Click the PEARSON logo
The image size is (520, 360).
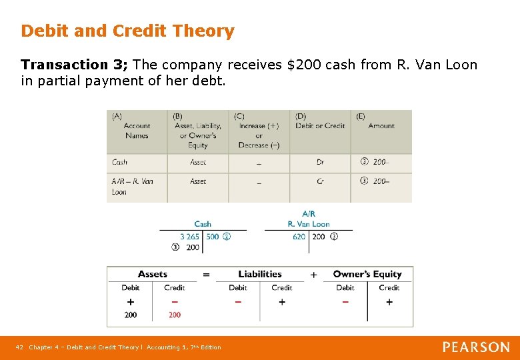tap(476, 347)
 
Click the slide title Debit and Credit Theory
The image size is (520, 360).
tap(127, 31)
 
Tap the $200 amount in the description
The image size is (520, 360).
tap(301, 65)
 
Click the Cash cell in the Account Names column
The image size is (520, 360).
tap(120, 162)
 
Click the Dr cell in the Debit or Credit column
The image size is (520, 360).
tap(321, 162)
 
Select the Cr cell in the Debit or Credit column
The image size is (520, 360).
tap(321, 181)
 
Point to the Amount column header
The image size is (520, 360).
tap(381, 125)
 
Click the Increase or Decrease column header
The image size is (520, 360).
tap(259, 131)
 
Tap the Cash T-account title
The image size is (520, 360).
tap(203, 224)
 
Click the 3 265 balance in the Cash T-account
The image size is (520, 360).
tap(189, 237)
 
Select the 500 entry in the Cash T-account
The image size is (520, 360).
tap(213, 237)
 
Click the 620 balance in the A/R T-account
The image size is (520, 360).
tap(299, 237)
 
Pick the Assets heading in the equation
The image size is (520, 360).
tap(153, 274)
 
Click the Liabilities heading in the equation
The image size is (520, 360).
tap(260, 274)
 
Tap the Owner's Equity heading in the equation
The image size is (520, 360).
tap(367, 274)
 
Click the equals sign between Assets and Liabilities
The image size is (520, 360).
tap(206, 274)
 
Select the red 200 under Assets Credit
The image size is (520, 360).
tap(175, 315)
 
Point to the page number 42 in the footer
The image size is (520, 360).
tap(19, 347)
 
